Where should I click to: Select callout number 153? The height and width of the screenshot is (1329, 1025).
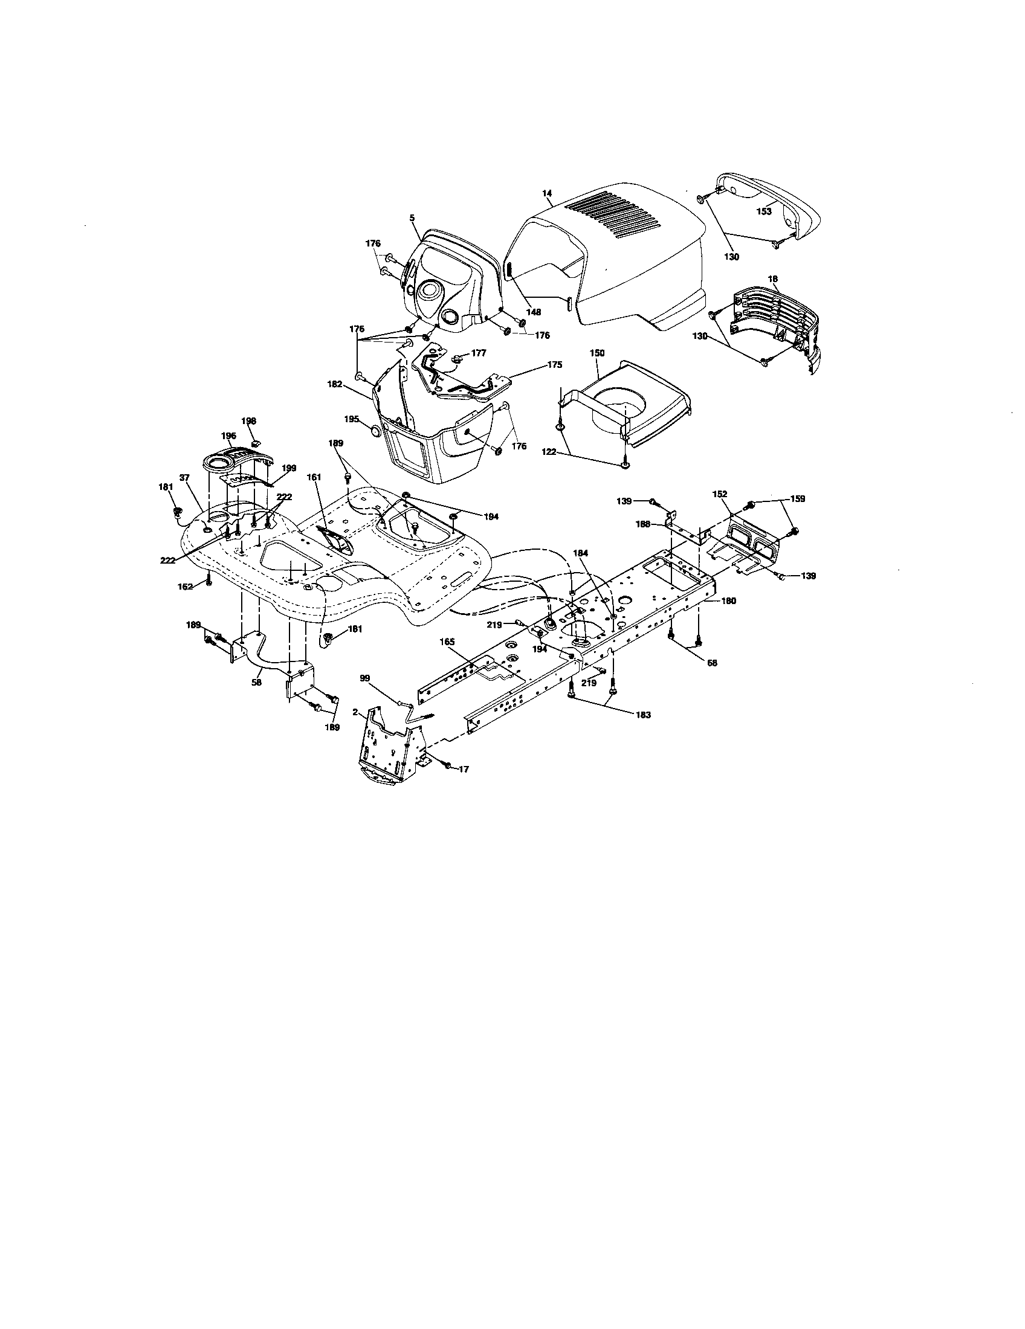pyautogui.click(x=763, y=212)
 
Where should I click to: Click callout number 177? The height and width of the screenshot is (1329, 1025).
pyautogui.click(x=479, y=352)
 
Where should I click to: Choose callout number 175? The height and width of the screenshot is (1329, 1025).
pyautogui.click(x=554, y=365)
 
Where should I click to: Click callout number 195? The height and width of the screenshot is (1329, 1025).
pyautogui.click(x=352, y=419)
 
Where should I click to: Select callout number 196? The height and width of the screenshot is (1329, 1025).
pyautogui.click(x=228, y=436)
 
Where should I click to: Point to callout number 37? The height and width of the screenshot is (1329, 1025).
pyautogui.click(x=185, y=478)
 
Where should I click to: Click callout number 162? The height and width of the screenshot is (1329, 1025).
pyautogui.click(x=185, y=587)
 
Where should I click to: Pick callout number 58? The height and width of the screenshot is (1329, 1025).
pyautogui.click(x=256, y=683)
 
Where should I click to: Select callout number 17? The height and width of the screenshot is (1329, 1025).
pyautogui.click(x=463, y=769)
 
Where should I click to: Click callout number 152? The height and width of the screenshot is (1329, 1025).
pyautogui.click(x=719, y=494)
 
